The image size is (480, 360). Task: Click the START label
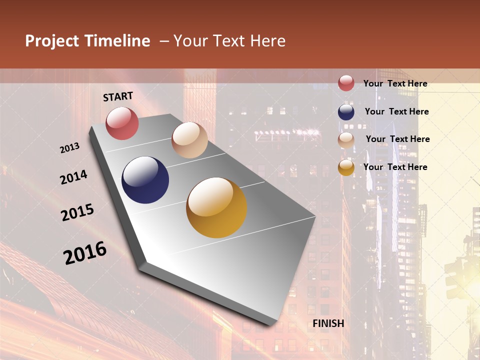pos(118,96)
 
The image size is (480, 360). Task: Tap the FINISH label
pos(328,323)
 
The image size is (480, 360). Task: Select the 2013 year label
pos(70,148)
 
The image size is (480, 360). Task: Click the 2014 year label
pos(73,177)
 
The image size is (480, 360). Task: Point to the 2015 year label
pos(77,212)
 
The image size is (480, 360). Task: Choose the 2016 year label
pos(85,253)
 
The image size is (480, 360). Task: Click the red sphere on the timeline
pos(122,123)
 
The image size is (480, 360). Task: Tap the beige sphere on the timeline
pos(189,140)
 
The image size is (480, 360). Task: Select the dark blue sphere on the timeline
pos(145,180)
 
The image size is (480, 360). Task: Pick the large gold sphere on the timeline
pos(216,207)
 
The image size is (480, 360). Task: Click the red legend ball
pos(346,83)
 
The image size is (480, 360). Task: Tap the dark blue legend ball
pos(346,111)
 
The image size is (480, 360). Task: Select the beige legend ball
pos(346,139)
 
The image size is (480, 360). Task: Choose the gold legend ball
pos(346,167)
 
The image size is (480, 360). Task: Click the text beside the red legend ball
pos(395,83)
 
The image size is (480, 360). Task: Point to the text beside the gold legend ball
pos(395,167)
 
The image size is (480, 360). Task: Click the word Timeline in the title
pos(117,41)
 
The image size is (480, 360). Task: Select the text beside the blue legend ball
pos(396,111)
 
